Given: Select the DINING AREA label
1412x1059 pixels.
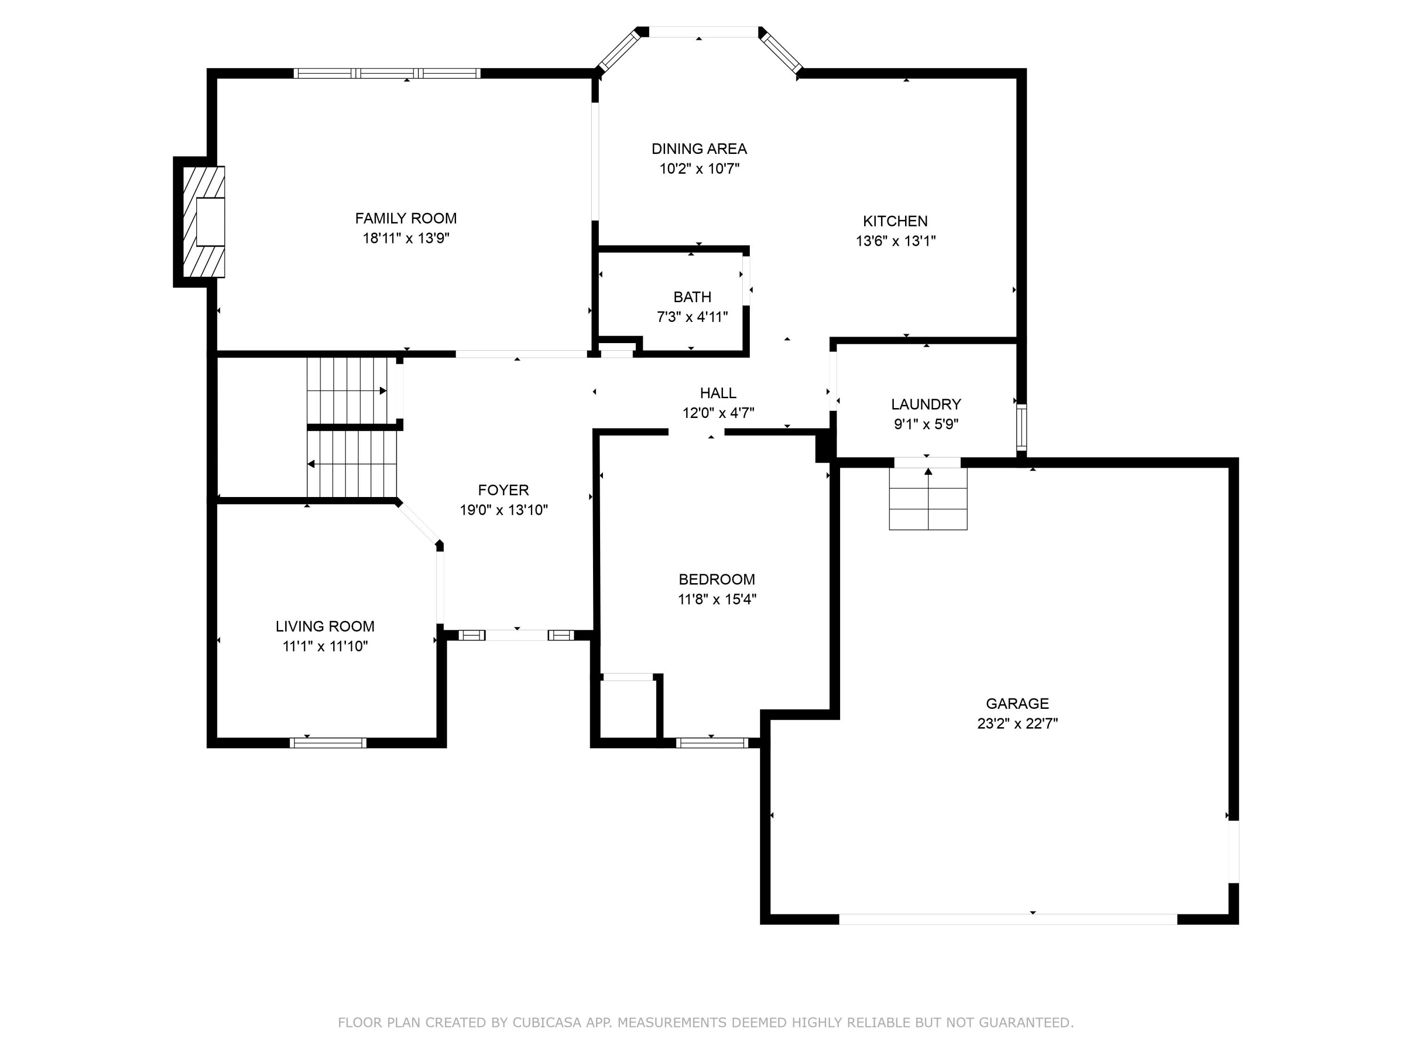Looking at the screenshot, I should [699, 149].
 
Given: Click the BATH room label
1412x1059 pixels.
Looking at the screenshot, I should [692, 297].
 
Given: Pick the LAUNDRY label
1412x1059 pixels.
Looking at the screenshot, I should [926, 404].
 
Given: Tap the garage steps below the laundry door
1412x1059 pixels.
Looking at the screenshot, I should [928, 499].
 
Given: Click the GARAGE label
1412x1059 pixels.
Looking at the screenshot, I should [1017, 704].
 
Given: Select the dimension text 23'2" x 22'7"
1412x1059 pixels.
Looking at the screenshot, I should [1017, 723].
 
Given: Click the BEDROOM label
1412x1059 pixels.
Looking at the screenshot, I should [716, 579].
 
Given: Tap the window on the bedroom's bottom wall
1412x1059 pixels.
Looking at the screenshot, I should [711, 742].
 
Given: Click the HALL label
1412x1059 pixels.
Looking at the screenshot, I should [717, 393].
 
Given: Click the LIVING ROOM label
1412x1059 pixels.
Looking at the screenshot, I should [325, 626].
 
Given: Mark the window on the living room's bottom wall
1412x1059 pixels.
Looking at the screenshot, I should [328, 742].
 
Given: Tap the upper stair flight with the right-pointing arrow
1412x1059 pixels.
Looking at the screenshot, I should [348, 390].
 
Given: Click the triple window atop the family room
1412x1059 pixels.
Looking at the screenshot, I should [387, 73].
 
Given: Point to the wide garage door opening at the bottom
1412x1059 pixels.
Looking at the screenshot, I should [1007, 919].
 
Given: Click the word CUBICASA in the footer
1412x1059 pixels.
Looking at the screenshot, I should [546, 1023].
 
